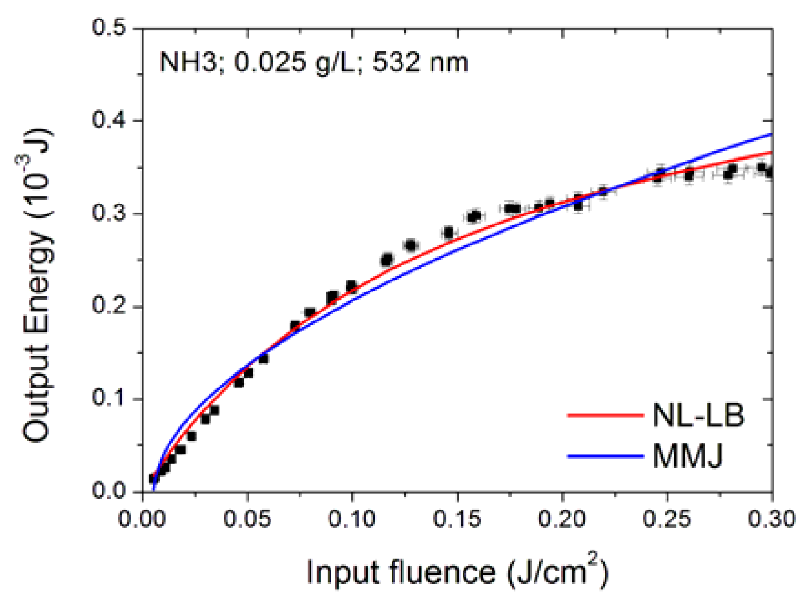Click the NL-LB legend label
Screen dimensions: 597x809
[698, 415]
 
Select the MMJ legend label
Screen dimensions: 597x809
[687, 456]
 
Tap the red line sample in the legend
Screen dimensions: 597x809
[605, 415]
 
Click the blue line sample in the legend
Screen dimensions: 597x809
[605, 456]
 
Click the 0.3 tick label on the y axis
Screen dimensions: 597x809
[109, 213]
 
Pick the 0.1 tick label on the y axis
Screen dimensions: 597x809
[109, 398]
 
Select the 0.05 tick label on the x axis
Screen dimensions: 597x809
[247, 519]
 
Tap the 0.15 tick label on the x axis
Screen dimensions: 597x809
[457, 519]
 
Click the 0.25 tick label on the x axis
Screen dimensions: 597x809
[667, 519]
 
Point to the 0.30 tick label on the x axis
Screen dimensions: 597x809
[771, 519]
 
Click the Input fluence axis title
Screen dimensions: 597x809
[457, 572]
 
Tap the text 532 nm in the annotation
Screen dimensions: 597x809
[420, 62]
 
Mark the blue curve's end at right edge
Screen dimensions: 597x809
[772, 134]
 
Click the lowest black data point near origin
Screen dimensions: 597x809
[154, 478]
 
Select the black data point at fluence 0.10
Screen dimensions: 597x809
[351, 286]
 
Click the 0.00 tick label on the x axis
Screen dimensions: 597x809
[142, 519]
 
